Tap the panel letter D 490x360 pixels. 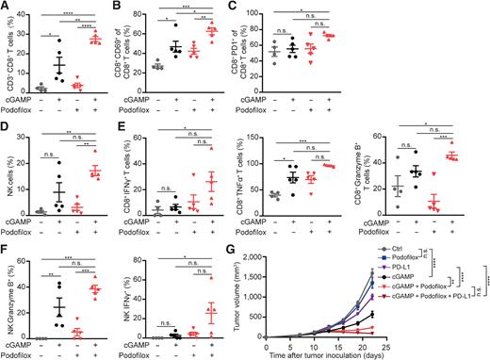(7, 125)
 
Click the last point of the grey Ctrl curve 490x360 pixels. (454, 271)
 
